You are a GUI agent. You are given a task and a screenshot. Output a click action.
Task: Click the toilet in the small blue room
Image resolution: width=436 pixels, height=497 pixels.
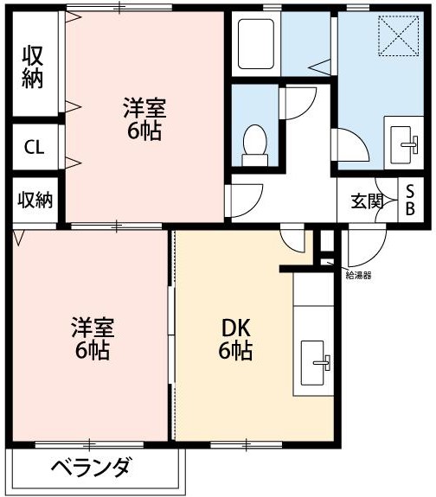pos(254,143)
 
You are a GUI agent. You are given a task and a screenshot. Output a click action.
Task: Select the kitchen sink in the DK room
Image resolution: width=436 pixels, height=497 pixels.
pos(315,355)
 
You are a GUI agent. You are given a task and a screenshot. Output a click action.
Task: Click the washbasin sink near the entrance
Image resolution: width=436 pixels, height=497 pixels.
pos(404,140)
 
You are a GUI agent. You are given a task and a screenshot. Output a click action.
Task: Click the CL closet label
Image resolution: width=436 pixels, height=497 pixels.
pos(35,147)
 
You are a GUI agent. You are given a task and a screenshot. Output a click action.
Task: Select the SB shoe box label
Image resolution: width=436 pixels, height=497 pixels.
pos(410,201)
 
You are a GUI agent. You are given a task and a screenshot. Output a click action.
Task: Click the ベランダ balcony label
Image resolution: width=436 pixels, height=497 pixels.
pos(90,468)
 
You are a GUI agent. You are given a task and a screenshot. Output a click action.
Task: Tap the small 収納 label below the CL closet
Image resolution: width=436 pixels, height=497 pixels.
pos(35,201)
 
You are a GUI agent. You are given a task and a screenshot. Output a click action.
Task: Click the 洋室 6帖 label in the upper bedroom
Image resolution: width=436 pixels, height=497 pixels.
pos(143,120)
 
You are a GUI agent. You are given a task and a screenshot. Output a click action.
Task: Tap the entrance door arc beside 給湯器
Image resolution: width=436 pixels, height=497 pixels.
pos(359,248)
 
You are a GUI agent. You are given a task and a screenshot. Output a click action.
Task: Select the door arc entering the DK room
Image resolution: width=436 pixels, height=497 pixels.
pos(294,239)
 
